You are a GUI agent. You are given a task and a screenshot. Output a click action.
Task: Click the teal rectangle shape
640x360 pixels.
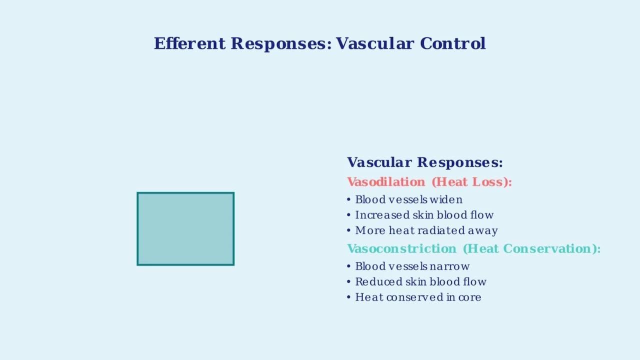point(185,228)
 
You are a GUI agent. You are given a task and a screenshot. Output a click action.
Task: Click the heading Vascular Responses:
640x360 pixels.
point(424,162)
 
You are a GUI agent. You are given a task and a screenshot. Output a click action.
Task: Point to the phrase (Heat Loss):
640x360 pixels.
point(471,182)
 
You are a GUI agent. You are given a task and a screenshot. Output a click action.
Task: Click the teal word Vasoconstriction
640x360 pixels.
point(401,248)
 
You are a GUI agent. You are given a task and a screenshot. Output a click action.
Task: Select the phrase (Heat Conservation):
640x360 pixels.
point(531,248)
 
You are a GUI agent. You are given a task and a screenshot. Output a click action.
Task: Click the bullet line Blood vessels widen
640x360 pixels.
point(408,200)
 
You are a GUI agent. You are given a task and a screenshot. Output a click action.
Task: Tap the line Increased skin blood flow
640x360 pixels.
point(424,215)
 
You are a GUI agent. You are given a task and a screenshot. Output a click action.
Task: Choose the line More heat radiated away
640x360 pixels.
point(426,231)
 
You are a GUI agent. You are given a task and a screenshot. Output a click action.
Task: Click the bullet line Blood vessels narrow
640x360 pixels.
point(412,266)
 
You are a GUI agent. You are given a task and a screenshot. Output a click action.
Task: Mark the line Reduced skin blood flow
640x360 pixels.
point(420,282)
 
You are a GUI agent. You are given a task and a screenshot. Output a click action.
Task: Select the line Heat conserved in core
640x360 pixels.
point(418,297)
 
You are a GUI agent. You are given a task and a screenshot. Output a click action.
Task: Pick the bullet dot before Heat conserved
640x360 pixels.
point(348,297)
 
